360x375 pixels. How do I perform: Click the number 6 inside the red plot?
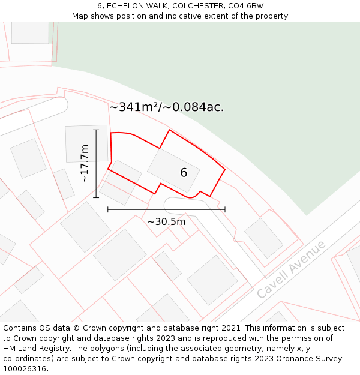click(184, 173)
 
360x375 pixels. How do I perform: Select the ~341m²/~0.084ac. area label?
click(166, 107)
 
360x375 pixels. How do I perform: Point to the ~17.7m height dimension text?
click(85, 163)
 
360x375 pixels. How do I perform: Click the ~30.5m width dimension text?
click(166, 222)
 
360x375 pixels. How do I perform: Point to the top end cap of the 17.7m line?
click(96, 130)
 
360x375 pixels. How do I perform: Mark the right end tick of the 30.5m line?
click(225, 209)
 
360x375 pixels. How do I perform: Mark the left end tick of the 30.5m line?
click(108, 209)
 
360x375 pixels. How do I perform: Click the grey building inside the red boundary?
click(173, 171)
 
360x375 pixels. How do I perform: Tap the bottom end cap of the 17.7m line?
click(96, 197)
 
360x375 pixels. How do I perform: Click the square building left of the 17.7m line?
click(86, 143)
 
